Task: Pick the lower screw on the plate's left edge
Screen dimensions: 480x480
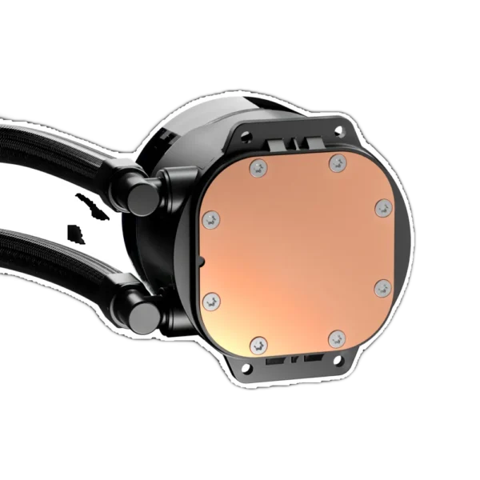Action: [210, 300]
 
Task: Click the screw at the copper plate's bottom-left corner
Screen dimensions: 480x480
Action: [256, 346]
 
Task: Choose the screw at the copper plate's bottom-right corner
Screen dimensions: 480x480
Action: [337, 339]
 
